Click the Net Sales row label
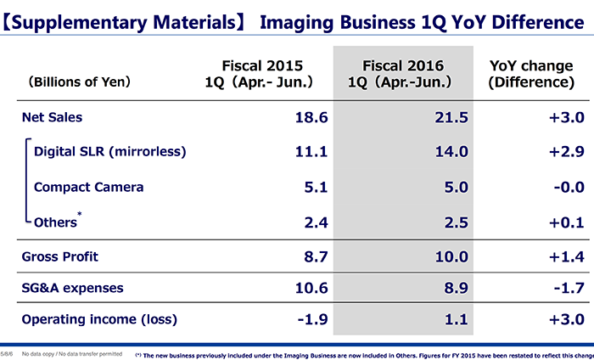tap(52, 117)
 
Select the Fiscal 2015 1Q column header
tap(260, 74)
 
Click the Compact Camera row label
tap(88, 187)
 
